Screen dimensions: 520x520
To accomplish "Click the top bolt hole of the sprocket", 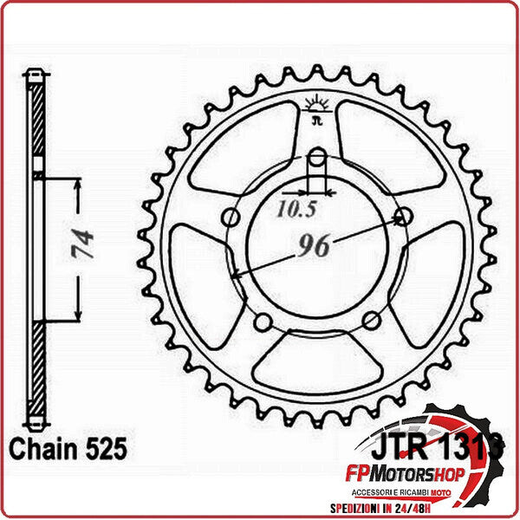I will point(318,158).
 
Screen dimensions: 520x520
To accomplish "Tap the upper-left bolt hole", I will point(231,216).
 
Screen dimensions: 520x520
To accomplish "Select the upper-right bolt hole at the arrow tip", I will point(402,215).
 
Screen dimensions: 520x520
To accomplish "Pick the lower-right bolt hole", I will point(370,320).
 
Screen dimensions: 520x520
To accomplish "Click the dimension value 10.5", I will point(296,208).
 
